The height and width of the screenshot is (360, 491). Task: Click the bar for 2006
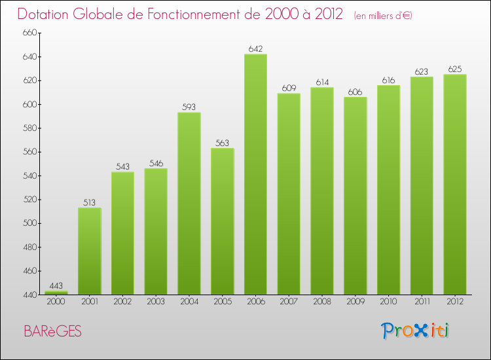pos(255,174)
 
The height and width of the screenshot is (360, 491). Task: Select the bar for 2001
pos(89,251)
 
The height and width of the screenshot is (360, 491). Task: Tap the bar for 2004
pos(189,204)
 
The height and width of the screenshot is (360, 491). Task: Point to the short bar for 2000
pos(56,293)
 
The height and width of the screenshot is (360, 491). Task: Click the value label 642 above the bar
pos(255,48)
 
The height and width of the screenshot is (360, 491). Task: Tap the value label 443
pos(56,285)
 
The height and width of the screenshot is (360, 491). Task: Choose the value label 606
pos(355,92)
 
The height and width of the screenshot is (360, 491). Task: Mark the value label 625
pos(455,69)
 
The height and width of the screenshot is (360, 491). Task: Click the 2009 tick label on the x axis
pos(355,302)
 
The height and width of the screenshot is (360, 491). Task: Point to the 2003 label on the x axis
pos(156,302)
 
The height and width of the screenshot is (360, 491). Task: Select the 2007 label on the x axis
pos(289,302)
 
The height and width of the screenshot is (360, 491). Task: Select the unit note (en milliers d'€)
pos(382,16)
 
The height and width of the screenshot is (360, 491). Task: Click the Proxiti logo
pos(416,331)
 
